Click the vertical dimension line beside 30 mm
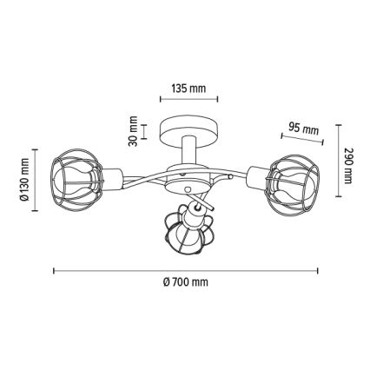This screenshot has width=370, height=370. coord(147,132)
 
